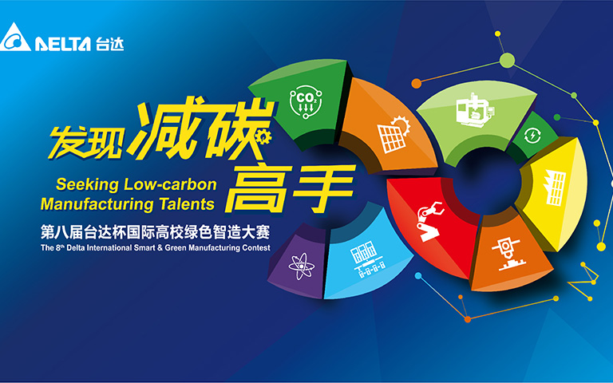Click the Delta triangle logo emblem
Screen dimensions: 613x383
tap(15, 38)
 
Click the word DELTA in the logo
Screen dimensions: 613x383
tap(63, 44)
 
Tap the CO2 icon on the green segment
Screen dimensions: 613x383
tap(306, 101)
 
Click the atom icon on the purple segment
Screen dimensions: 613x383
tap(302, 267)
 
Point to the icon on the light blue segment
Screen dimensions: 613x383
tap(367, 259)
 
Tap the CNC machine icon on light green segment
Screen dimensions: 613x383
tap(475, 110)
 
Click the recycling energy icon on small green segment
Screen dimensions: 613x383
tap(532, 136)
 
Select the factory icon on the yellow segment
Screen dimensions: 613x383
tap(555, 188)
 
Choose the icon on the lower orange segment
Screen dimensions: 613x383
tap(506, 254)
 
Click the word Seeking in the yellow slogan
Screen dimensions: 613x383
tap(87, 184)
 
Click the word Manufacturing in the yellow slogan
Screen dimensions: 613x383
tap(97, 204)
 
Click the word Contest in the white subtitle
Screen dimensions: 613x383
tap(255, 248)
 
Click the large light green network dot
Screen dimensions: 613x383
tap(507, 60)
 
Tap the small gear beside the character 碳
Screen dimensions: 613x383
tap(263, 137)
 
